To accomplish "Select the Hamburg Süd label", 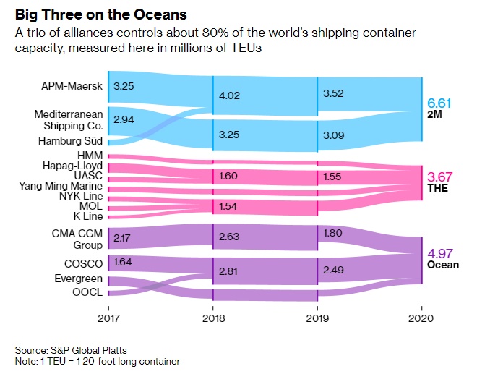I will point(69,141).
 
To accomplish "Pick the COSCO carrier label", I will point(83,263).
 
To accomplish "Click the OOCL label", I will point(86,292).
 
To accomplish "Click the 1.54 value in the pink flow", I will point(229,207).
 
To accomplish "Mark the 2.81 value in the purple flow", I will point(229,271).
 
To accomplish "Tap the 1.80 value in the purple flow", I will point(334,233).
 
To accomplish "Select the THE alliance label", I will point(437,188).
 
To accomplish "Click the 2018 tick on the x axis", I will point(212,318).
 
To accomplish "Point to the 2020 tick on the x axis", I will point(421,318).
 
